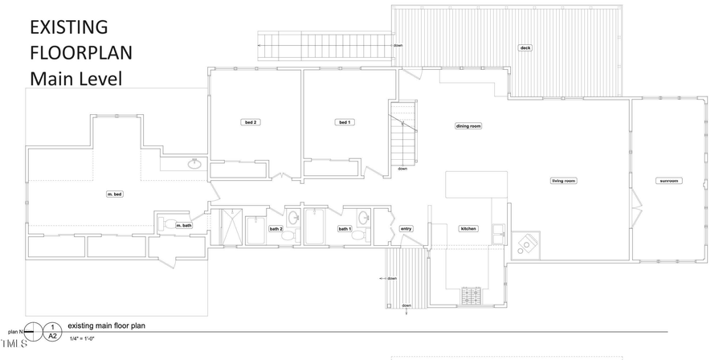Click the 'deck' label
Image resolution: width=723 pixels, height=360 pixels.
tap(525, 47)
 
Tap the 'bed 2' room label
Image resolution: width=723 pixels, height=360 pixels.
tap(251, 122)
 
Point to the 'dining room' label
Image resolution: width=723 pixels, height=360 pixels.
tap(468, 126)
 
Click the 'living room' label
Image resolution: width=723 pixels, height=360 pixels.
tap(563, 181)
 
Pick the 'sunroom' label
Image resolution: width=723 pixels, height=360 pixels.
tap(668, 181)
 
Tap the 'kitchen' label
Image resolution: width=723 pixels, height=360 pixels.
tap(468, 229)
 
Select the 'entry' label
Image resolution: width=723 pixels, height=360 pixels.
tap(406, 229)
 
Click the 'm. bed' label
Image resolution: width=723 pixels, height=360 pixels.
tap(114, 194)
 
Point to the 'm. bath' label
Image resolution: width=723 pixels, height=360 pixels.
tap(184, 226)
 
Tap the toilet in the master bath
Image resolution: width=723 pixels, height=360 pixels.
tap(169, 224)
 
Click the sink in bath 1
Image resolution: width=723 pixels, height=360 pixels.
tap(363, 218)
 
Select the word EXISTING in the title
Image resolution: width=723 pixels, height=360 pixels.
tap(68, 27)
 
